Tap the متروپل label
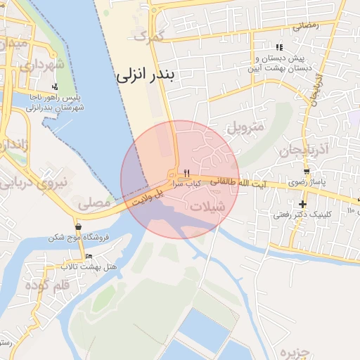point(245,129)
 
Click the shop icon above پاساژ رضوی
point(307,172)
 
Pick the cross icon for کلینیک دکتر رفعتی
point(302,204)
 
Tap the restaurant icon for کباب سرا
point(186,173)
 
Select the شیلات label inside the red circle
point(207,206)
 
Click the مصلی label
point(94,204)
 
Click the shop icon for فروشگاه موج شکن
point(78,227)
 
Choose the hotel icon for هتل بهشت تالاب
point(88,256)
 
